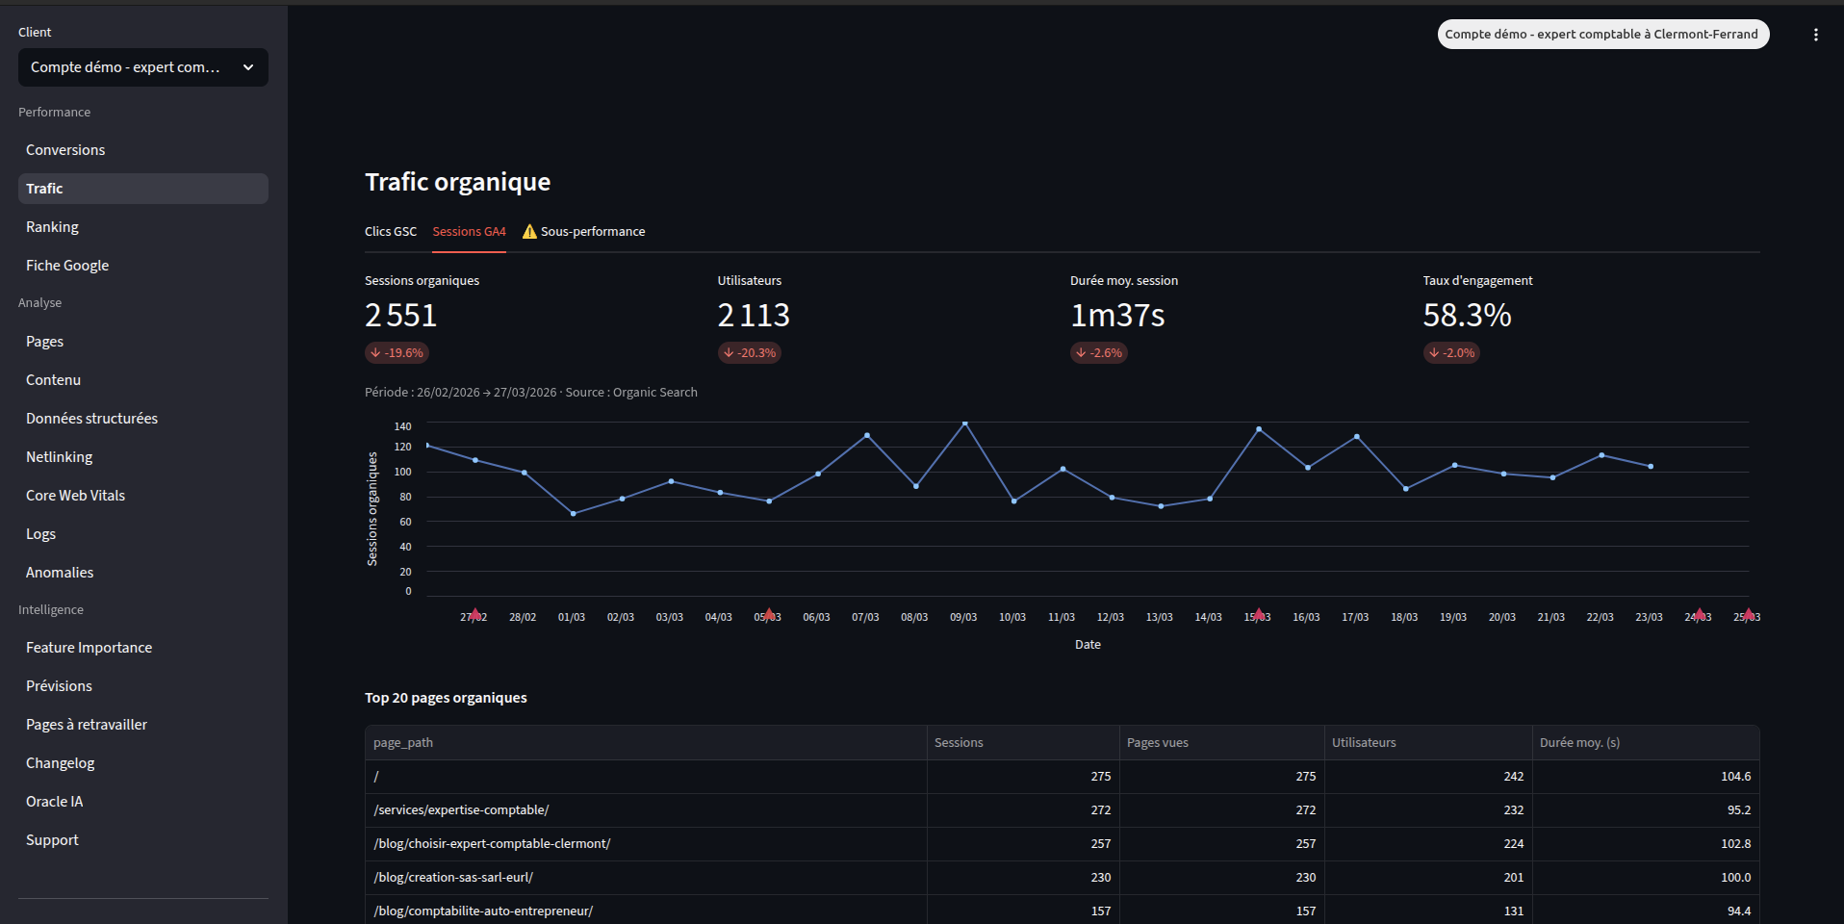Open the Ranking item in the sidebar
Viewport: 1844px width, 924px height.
52,227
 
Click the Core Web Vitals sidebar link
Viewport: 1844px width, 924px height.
75,496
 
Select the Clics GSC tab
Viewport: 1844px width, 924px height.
391,232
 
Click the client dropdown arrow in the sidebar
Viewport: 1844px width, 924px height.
248,67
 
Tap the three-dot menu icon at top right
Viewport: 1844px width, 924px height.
1815,35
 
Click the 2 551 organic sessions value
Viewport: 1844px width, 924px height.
401,316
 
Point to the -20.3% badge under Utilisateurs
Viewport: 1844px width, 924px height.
750,353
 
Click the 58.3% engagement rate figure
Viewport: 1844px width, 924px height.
1467,316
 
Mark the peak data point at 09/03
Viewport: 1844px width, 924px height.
965,423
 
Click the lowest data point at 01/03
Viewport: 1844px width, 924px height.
574,514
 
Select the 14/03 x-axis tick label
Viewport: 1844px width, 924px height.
1208,617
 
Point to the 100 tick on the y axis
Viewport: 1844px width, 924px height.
402,472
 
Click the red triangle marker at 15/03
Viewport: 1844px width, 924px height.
1259,614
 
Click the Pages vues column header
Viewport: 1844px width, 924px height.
1158,743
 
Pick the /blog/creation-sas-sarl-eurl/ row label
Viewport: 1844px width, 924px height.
453,878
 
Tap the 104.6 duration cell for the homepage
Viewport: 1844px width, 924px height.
1735,777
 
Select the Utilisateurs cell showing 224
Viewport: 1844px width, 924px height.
1513,844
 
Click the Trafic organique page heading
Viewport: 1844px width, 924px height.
458,182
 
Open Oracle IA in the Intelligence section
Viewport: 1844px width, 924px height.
54,802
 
